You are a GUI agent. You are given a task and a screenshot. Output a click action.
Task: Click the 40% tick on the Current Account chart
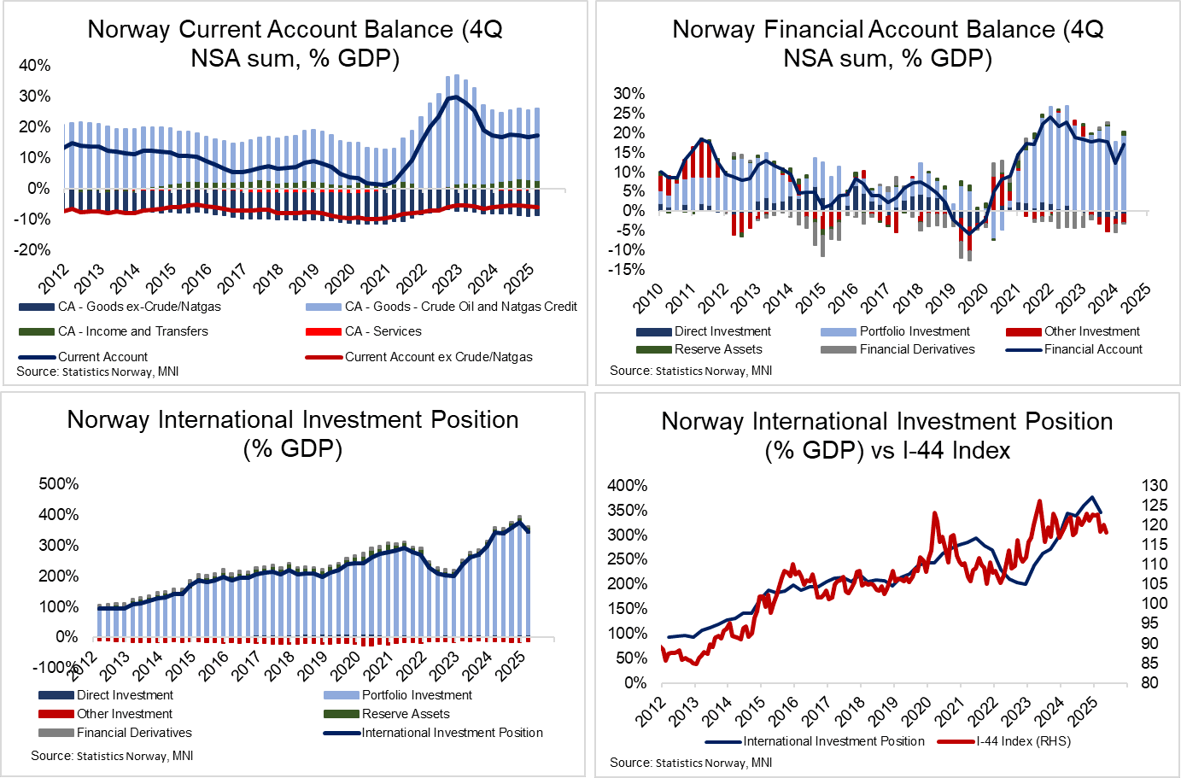[x=35, y=66]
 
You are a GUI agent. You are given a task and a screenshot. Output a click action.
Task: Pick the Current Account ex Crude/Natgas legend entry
[x=438, y=357]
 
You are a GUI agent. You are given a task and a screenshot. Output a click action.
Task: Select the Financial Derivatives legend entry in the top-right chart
[x=916, y=349]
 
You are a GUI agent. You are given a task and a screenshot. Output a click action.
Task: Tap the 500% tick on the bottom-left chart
[x=59, y=484]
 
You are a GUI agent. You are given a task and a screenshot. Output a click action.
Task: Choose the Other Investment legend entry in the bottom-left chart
[x=124, y=714]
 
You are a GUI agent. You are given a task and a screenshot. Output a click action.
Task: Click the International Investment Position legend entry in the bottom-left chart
[x=452, y=733]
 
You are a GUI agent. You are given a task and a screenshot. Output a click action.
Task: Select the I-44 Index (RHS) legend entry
[x=1023, y=741]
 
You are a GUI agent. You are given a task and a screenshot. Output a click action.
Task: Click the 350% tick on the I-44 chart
[x=627, y=511]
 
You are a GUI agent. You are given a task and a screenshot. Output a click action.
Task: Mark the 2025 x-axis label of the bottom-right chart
[x=1083, y=711]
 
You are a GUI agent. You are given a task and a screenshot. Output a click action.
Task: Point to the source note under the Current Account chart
[x=97, y=371]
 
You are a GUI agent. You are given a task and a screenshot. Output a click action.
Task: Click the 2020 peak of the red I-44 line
[x=935, y=513]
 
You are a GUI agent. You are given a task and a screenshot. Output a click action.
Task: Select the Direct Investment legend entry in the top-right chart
[x=722, y=331]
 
